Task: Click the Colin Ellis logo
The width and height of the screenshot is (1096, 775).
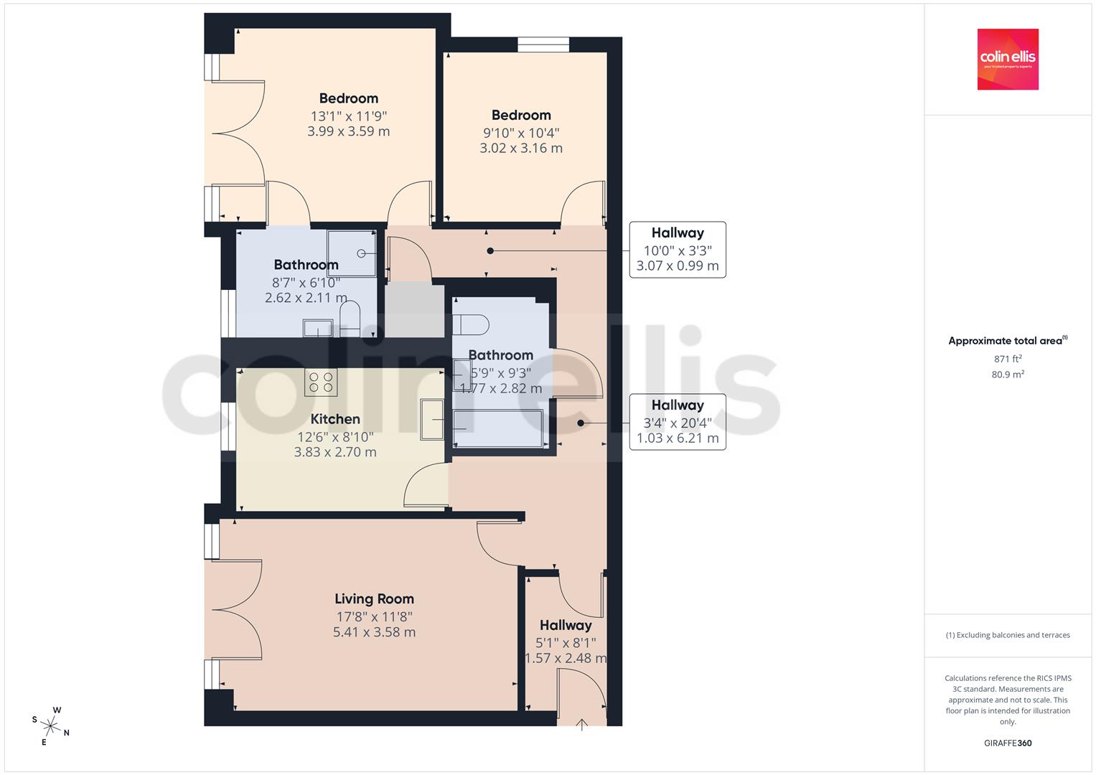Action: coord(1008,59)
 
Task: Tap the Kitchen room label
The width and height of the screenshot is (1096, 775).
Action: coord(335,419)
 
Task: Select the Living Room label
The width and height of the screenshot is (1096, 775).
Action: coord(374,599)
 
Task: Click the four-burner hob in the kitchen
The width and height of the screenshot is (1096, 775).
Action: coord(321,382)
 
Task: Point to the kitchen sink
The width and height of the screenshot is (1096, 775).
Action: coord(432,419)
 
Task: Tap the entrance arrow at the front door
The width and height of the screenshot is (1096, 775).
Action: coord(581,725)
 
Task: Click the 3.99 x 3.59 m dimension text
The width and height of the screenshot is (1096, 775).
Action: coord(348,131)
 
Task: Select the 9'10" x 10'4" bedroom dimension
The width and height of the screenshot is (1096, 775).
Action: coord(521,133)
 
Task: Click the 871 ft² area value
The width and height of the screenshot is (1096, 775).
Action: coord(1008,359)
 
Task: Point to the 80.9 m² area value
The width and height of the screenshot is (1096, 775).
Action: coord(1008,375)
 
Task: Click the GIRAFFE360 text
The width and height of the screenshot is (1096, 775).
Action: coord(1008,743)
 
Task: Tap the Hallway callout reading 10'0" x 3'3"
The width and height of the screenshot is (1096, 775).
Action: coord(677,250)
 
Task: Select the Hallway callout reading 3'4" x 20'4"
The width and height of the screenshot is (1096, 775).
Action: coord(677,422)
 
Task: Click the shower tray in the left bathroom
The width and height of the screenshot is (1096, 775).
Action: coord(351,253)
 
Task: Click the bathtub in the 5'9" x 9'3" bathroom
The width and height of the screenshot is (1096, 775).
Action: coord(497,428)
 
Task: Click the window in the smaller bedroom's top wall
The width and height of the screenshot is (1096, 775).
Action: coord(543,44)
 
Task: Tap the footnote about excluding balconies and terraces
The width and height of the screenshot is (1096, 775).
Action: coord(1008,635)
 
